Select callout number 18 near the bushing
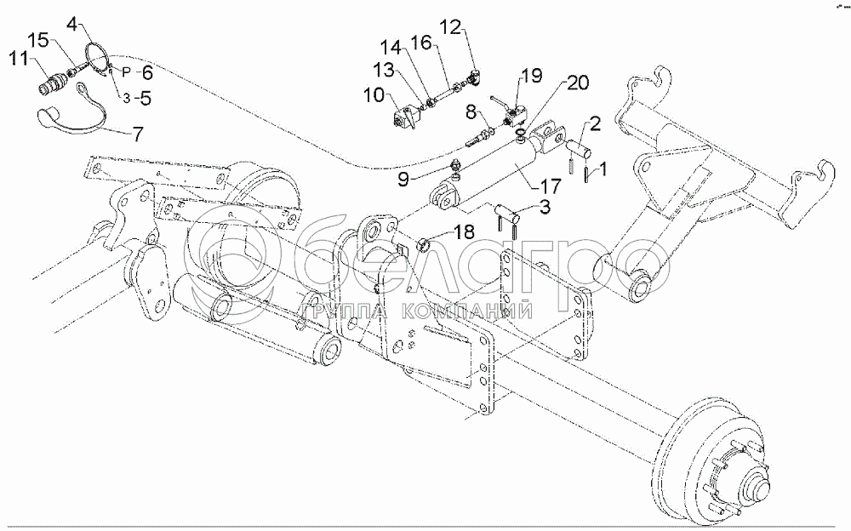[x=464, y=231]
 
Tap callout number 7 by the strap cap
[x=138, y=134]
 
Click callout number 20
[x=578, y=83]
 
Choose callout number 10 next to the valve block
[x=374, y=95]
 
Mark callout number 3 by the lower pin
[x=545, y=207]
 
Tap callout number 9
[x=403, y=180]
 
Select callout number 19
[x=532, y=75]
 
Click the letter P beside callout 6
[x=126, y=71]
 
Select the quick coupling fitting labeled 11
[x=52, y=85]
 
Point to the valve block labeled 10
[x=405, y=117]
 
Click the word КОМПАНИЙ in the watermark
[x=466, y=311]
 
